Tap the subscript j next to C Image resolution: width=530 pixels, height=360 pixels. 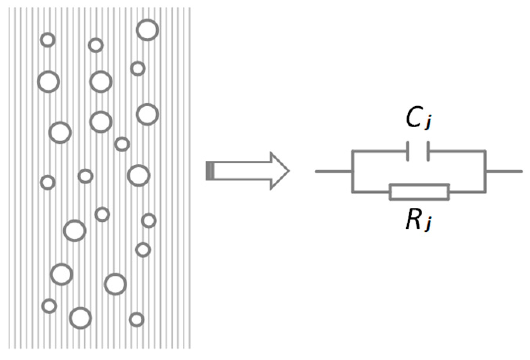(428, 124)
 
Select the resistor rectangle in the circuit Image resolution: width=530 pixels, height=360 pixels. (419, 192)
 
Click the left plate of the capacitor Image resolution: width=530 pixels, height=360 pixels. (408, 151)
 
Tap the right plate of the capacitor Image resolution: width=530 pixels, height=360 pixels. (428, 151)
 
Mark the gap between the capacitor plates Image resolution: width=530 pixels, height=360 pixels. (418, 151)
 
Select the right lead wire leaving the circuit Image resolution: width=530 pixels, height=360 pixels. (504, 171)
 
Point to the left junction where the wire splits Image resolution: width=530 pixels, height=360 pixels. (353, 171)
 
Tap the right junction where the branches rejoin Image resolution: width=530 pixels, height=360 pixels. (485, 171)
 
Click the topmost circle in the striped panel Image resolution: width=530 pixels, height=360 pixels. (147, 30)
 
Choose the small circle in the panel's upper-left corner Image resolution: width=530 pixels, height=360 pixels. (48, 39)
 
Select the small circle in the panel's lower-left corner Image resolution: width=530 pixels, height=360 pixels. (49, 306)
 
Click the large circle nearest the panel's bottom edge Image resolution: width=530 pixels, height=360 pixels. (80, 318)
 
